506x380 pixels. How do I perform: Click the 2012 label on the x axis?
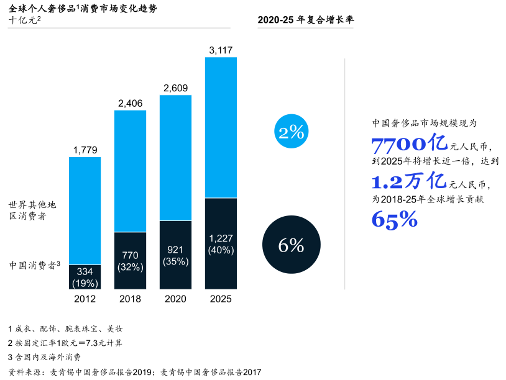[x=85, y=299]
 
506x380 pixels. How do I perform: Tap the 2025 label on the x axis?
[x=221, y=299]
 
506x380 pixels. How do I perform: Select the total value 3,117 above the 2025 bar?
[x=221, y=50]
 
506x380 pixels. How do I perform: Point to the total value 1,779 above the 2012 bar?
[x=85, y=150]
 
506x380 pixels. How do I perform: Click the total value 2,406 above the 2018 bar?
[x=131, y=103]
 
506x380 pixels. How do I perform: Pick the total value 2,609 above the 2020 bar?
[x=176, y=88]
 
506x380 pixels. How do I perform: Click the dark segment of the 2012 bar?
[x=85, y=277]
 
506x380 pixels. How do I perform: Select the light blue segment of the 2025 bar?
[x=221, y=127]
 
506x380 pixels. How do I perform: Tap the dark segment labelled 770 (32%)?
[x=131, y=261]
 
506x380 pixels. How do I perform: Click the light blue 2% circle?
[x=291, y=132]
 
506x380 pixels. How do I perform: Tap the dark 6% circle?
[x=291, y=246]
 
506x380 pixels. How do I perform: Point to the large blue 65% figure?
[x=394, y=219]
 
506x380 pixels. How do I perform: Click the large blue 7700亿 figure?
[x=409, y=144]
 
